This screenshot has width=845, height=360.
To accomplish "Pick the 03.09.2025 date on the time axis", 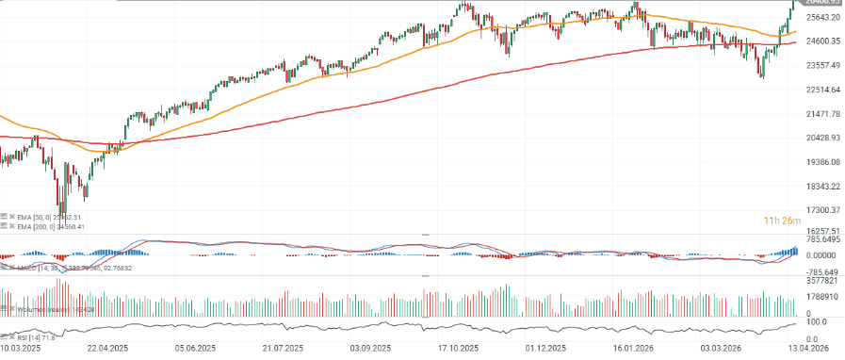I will [370, 349].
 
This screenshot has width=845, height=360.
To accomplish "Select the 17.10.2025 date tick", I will [459, 349].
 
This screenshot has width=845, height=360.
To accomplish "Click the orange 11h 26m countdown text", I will [782, 221].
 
